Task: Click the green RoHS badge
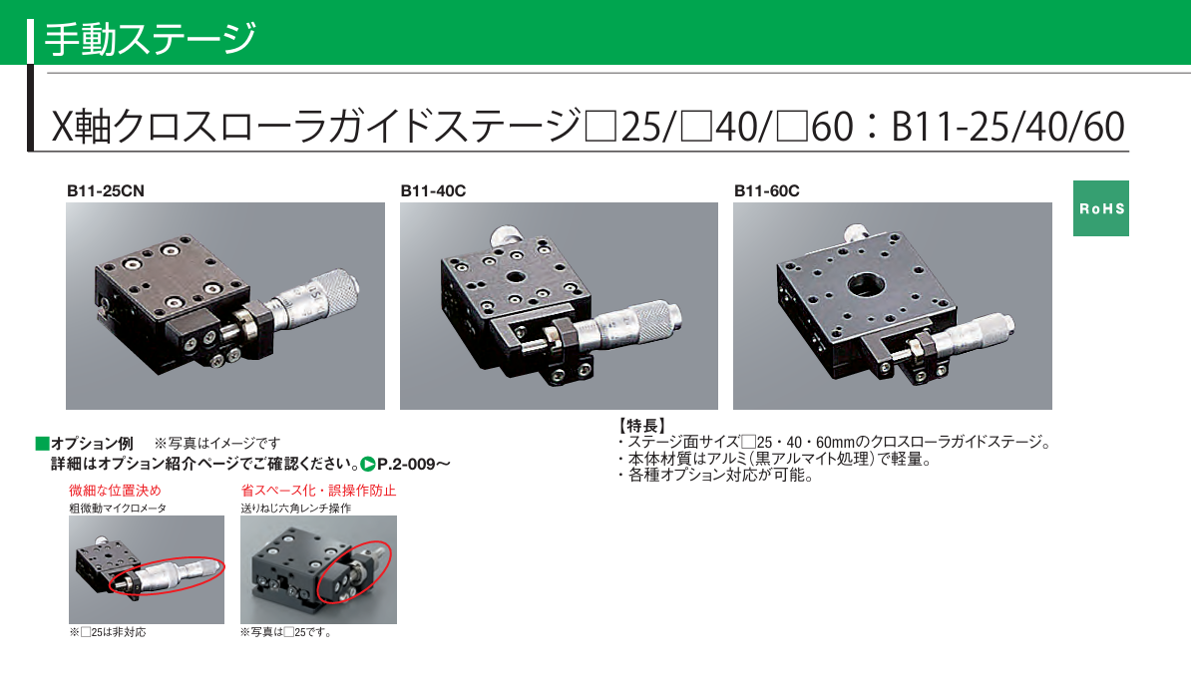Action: pos(1100,208)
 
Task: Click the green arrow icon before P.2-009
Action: pos(368,464)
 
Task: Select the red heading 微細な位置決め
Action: pos(115,491)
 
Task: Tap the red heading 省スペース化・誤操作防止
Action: pos(318,491)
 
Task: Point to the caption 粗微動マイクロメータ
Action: pos(118,508)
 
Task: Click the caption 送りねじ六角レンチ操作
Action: pos(296,508)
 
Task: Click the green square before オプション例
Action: pos(42,443)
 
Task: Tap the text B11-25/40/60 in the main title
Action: pos(1007,127)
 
